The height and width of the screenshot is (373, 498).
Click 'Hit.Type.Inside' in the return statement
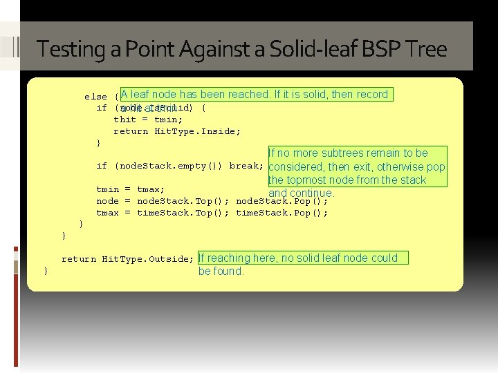[197, 131]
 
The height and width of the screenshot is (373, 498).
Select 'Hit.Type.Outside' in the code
[147, 259]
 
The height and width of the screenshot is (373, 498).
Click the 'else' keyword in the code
[95, 97]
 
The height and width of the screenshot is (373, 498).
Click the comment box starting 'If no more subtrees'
[357, 173]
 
